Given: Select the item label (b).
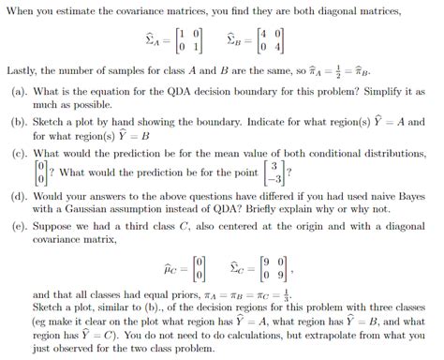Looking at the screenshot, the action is (x=20, y=122).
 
